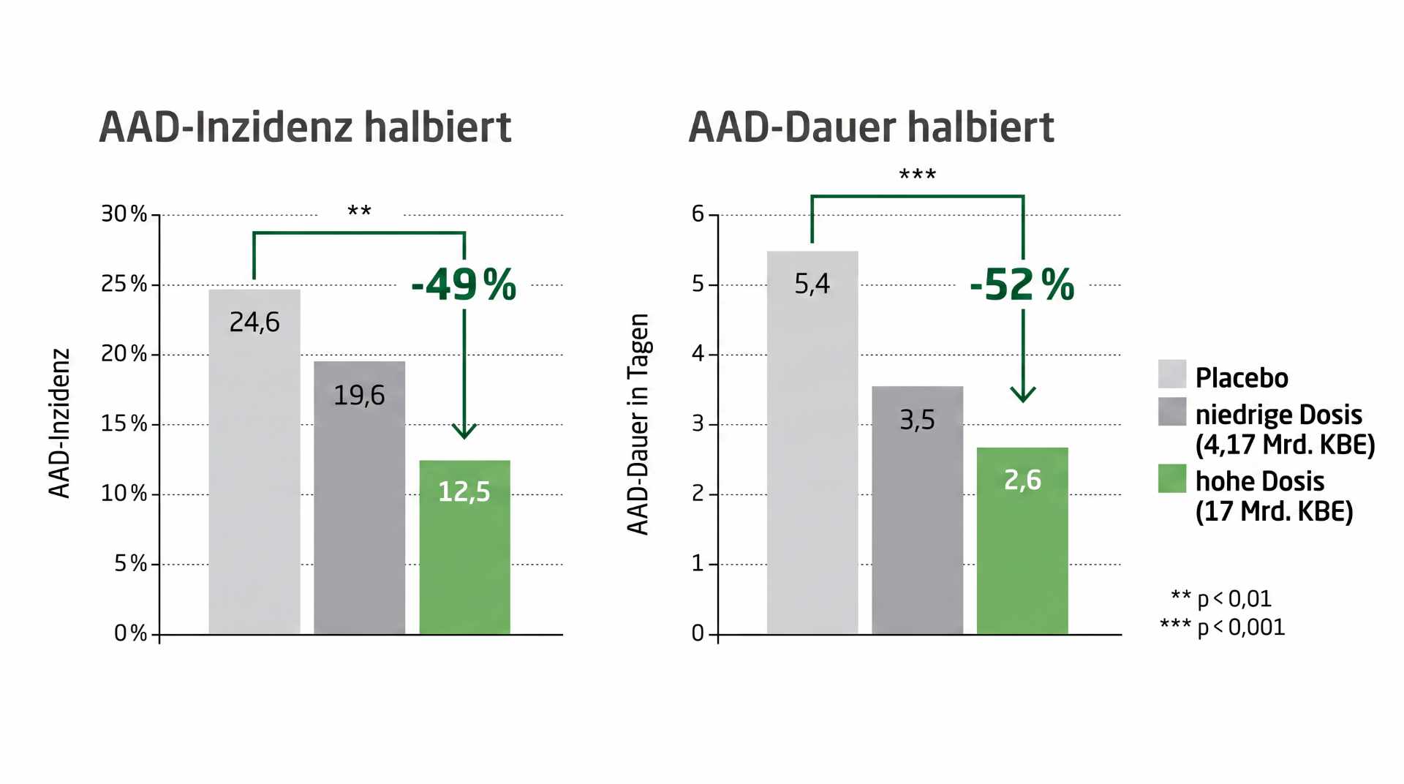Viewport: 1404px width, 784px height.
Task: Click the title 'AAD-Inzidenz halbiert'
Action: pyautogui.click(x=305, y=127)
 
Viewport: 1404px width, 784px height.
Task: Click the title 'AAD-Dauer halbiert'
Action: pyautogui.click(x=871, y=127)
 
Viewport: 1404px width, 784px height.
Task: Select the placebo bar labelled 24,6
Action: pyautogui.click(x=254, y=461)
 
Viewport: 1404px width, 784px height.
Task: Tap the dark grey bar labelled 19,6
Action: pyautogui.click(x=359, y=497)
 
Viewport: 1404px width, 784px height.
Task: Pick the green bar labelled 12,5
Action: pyautogui.click(x=464, y=547)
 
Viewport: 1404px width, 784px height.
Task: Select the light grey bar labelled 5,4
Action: pyautogui.click(x=812, y=442)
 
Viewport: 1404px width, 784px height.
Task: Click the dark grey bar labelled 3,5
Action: pyautogui.click(x=917, y=510)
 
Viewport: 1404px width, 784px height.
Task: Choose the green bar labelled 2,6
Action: pyautogui.click(x=1022, y=540)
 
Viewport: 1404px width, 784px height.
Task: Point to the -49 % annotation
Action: pyautogui.click(x=464, y=284)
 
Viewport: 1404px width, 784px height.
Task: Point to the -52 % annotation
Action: pyautogui.click(x=1022, y=284)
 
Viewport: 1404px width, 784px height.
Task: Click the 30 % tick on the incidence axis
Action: pyautogui.click(x=124, y=214)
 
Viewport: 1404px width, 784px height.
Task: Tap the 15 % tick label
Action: pyautogui.click(x=124, y=423)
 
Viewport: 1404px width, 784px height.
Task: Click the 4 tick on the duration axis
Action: pyautogui.click(x=698, y=354)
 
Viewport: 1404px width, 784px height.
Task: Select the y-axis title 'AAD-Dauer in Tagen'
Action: pyautogui.click(x=638, y=424)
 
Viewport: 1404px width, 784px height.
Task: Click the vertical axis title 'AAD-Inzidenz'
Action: pyautogui.click(x=59, y=423)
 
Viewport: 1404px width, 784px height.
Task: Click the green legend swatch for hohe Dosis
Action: pyautogui.click(x=1172, y=478)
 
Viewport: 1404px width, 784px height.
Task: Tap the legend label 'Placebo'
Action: pyautogui.click(x=1242, y=378)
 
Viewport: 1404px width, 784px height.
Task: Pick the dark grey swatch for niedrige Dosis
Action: pyautogui.click(x=1172, y=412)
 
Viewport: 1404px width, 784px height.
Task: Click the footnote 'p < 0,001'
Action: pyautogui.click(x=1241, y=627)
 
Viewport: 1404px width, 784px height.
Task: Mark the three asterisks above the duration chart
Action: pyautogui.click(x=917, y=174)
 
